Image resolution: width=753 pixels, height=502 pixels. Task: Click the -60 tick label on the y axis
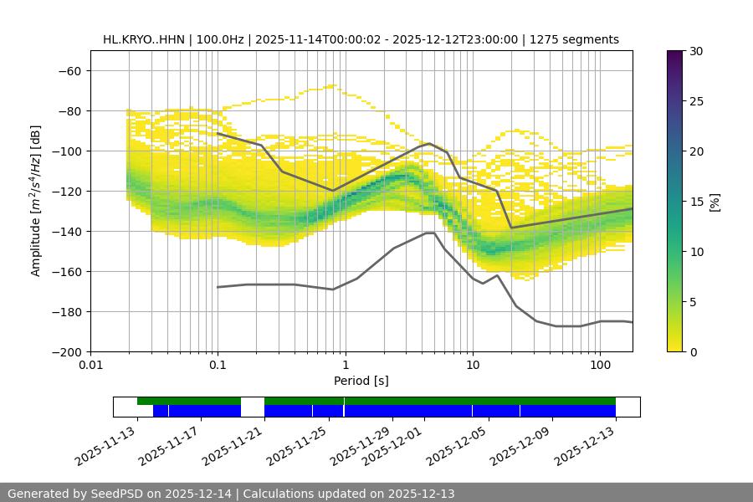point(69,70)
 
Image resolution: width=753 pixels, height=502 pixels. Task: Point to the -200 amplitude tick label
point(66,351)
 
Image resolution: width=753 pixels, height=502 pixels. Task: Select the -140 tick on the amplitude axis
point(66,231)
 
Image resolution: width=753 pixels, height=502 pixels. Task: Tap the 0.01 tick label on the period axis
point(90,366)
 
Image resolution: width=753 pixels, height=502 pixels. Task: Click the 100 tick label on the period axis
point(600,366)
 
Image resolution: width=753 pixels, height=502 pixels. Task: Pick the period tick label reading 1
point(345,366)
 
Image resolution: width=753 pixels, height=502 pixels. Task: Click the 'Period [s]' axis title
point(361,381)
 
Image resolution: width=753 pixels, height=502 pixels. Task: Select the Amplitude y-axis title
point(36,201)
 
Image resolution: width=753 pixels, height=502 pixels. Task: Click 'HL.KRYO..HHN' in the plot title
point(141,39)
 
